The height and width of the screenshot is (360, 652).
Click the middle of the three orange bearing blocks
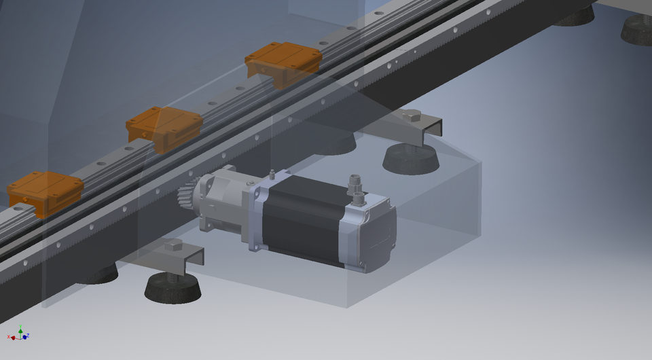tap(164, 126)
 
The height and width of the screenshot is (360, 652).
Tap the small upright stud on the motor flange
tap(272, 175)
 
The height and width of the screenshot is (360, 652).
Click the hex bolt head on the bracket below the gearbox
tap(175, 245)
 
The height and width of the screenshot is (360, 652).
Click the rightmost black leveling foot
tap(638, 30)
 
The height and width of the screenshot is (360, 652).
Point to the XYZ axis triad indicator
tap(18, 334)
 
